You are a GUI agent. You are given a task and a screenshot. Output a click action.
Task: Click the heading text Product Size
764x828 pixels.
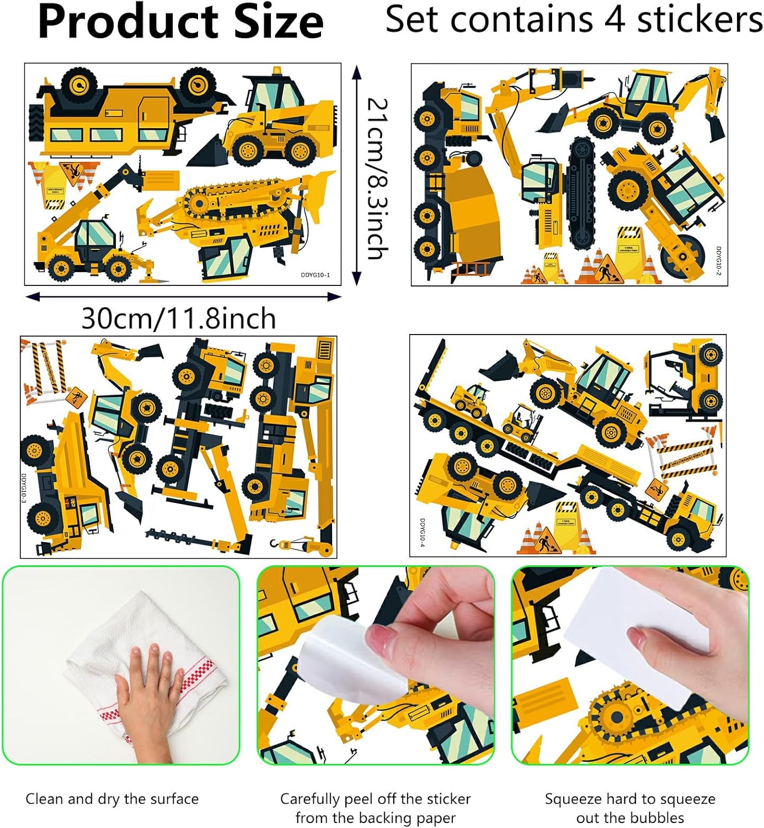pyautogui.click(x=180, y=22)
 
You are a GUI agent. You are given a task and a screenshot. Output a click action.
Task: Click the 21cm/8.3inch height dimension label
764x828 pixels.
pyautogui.click(x=378, y=178)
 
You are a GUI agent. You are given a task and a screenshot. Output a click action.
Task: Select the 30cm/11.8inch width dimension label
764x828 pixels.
pyautogui.click(x=179, y=319)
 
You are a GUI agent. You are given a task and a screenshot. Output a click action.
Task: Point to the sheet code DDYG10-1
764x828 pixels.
pyautogui.click(x=315, y=275)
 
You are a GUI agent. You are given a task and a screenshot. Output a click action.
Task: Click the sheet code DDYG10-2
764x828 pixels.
pyautogui.click(x=719, y=261)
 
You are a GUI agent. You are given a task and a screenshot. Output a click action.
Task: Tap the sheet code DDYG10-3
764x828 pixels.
pyautogui.click(x=24, y=487)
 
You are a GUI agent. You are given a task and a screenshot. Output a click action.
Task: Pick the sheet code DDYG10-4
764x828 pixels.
pyautogui.click(x=423, y=533)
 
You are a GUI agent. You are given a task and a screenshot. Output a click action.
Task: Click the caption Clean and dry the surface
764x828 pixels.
pyautogui.click(x=112, y=799)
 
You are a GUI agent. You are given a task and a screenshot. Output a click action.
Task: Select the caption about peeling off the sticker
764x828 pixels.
pyautogui.click(x=376, y=808)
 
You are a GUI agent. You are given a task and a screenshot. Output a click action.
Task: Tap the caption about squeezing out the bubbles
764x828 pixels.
pyautogui.click(x=630, y=808)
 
